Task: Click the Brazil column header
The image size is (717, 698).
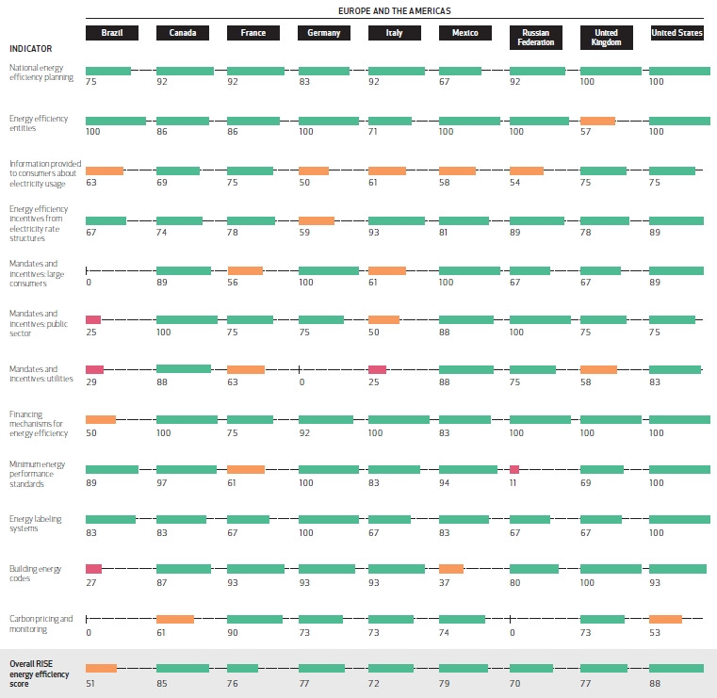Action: [x=112, y=33]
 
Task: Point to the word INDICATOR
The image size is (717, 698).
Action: [x=31, y=47]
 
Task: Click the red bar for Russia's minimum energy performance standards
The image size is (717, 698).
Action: [x=514, y=469]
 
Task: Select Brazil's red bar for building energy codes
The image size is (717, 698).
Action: [x=93, y=569]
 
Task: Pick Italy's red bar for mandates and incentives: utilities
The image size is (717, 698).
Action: [x=377, y=370]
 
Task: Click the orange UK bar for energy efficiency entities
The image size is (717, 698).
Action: [x=597, y=121]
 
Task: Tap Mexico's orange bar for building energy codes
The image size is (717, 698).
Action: [x=451, y=569]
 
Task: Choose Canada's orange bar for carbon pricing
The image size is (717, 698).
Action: [x=175, y=619]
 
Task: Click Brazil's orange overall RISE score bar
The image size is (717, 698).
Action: [x=101, y=668]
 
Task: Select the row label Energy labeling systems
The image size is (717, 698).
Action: [x=37, y=523]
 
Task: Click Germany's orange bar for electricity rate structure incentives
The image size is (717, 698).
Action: [x=317, y=220]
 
